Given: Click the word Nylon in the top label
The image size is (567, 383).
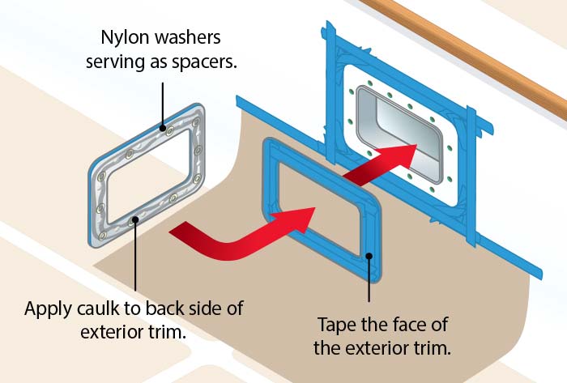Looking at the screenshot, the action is click(122, 38).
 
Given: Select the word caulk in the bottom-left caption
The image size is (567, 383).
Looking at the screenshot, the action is click(97, 309).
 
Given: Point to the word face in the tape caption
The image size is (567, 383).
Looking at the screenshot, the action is click(411, 325).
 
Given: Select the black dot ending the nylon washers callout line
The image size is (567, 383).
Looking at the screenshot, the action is click(163, 128).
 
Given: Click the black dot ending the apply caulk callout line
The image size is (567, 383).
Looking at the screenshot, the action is click(135, 219).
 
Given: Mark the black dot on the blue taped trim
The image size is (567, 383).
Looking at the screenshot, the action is click(369, 256).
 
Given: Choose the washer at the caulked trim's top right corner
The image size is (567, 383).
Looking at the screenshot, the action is click(196, 122).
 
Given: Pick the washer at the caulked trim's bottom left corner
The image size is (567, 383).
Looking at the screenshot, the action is click(103, 236).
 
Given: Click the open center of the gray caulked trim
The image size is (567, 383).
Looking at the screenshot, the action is click(148, 177).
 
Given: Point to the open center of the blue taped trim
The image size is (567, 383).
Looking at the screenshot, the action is click(320, 210).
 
